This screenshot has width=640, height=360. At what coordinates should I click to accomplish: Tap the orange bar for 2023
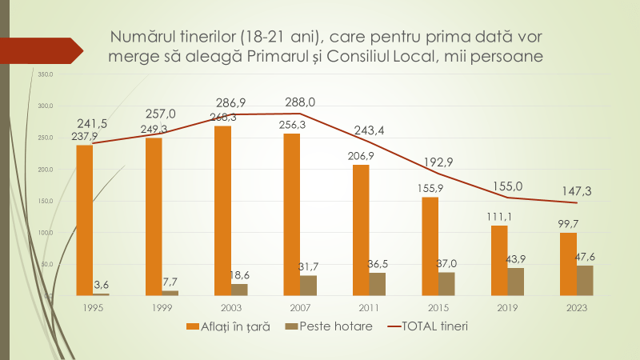point(568,264)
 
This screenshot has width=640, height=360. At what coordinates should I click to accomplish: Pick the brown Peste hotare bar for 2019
point(516,282)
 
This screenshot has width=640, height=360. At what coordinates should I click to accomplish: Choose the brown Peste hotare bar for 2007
point(308,286)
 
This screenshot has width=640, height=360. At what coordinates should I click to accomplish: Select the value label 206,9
point(361,155)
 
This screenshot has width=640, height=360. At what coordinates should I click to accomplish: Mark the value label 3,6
point(102,285)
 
